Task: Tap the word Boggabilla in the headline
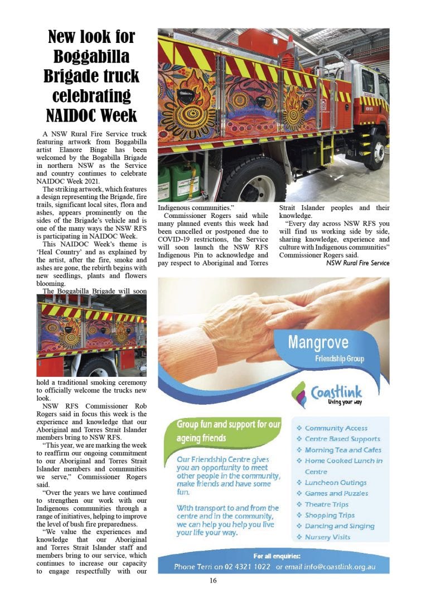91,56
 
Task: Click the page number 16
213,580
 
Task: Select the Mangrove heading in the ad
318,342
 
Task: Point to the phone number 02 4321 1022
246,566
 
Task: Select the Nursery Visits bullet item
327,537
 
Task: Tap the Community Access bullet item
336,428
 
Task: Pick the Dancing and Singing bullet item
340,526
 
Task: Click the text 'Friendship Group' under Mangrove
340,360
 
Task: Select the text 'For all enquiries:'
277,556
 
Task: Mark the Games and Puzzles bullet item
336,493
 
